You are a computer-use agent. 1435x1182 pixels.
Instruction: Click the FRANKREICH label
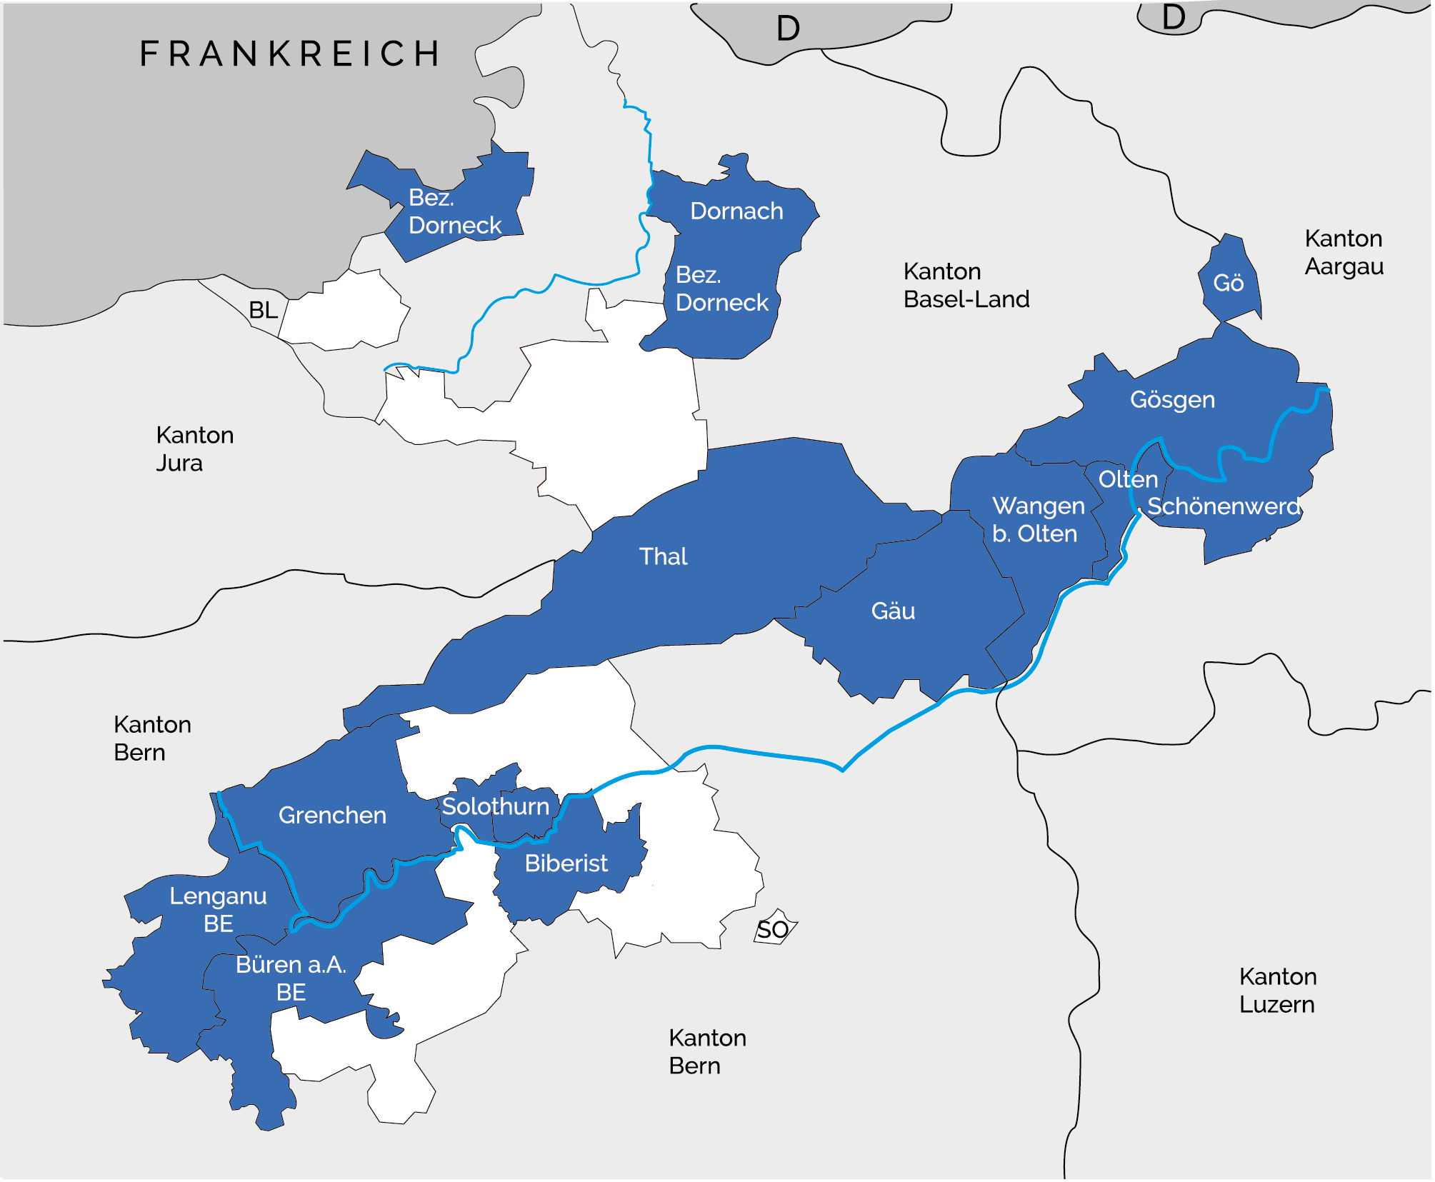click(x=289, y=54)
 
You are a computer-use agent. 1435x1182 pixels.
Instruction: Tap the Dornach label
click(x=736, y=211)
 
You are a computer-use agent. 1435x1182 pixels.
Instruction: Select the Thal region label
click(x=663, y=556)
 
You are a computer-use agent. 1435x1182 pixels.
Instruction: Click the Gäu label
click(x=893, y=611)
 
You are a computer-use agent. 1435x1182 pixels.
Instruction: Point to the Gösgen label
click(x=1172, y=400)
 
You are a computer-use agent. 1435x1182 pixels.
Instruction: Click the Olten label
click(x=1128, y=479)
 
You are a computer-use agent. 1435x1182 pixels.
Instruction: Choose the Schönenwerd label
click(x=1224, y=506)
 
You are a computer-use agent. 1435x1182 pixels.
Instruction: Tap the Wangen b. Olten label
click(x=1037, y=520)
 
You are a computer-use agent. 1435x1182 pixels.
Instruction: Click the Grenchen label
click(x=332, y=815)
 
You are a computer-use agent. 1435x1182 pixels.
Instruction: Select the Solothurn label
click(x=495, y=806)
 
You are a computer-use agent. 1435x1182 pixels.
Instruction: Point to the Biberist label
click(x=566, y=863)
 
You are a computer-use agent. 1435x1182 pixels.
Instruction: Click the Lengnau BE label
click(x=218, y=909)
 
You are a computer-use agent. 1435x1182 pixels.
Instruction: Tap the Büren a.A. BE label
click(x=291, y=978)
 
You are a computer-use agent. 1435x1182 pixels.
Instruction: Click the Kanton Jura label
click(x=194, y=449)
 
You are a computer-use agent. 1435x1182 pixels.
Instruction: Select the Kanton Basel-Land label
click(x=966, y=286)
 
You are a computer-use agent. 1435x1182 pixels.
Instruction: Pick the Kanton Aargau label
click(x=1344, y=252)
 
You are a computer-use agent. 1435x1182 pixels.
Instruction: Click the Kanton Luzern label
click(x=1277, y=991)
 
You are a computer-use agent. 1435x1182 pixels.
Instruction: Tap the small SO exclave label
click(x=773, y=930)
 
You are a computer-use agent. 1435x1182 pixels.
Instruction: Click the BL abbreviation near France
click(x=263, y=311)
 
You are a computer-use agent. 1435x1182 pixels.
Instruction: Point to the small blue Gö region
click(x=1229, y=283)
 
